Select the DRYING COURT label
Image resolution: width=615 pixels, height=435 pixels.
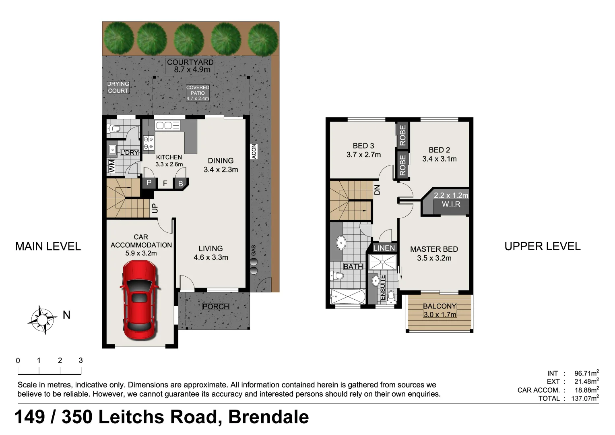[118, 87]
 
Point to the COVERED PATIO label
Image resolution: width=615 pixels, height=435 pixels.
[198, 93]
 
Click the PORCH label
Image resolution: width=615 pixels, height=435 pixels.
[216, 307]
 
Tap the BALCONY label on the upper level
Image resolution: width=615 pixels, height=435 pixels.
[440, 310]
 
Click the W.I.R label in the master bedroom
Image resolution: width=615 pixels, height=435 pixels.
[451, 204]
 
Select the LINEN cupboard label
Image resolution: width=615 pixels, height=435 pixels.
[384, 248]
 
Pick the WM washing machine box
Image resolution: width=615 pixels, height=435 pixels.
[111, 166]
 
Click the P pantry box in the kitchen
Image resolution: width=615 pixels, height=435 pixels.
[149, 183]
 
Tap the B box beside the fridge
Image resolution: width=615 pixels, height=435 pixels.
[180, 184]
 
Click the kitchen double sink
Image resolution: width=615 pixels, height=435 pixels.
[167, 126]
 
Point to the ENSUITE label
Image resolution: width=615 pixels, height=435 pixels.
[382, 287]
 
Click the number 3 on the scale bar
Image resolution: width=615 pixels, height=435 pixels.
[80, 360]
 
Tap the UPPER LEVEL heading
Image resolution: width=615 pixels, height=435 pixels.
[542, 246]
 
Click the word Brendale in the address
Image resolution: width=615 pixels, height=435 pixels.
[268, 417]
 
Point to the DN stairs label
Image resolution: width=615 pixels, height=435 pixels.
[377, 189]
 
